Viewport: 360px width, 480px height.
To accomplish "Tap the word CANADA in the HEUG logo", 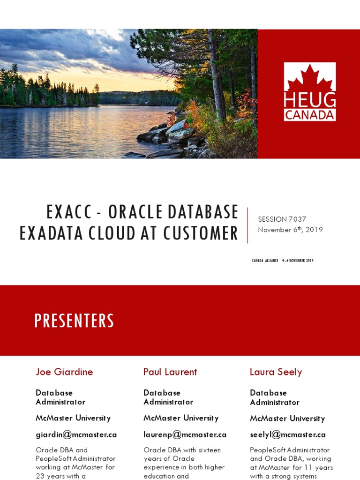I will (309, 114).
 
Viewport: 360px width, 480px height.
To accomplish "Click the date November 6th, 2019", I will (290, 230).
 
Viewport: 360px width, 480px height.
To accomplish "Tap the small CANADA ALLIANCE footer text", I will (265, 261).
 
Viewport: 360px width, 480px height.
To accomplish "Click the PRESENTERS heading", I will (74, 321).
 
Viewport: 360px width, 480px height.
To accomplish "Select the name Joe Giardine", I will (64, 372).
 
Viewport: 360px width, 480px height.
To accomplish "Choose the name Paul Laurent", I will (170, 372).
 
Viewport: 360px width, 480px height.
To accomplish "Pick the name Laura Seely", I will (276, 372).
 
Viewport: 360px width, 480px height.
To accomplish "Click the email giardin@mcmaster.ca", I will (76, 435).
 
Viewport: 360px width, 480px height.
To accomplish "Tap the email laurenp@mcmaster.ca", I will (185, 435).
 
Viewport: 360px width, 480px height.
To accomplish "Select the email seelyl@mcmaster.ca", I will (287, 435).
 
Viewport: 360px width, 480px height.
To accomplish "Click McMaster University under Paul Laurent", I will (180, 418).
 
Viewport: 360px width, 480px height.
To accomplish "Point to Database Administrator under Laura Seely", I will (274, 397).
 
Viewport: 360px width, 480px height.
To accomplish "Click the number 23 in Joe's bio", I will (41, 476).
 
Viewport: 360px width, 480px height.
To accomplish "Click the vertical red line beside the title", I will (247, 225).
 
